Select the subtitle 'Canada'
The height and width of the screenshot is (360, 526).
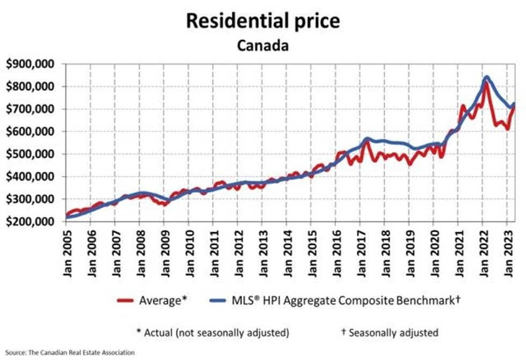(263, 45)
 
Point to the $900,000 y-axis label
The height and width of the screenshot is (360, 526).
(32, 64)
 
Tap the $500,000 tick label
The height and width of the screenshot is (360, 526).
(32, 155)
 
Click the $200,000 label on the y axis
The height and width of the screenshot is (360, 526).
(32, 222)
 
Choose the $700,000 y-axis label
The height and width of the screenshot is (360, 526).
(32, 109)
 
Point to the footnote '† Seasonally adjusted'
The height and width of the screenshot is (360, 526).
(389, 333)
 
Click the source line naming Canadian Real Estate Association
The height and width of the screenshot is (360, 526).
(70, 352)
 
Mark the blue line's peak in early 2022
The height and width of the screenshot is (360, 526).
(486, 77)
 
